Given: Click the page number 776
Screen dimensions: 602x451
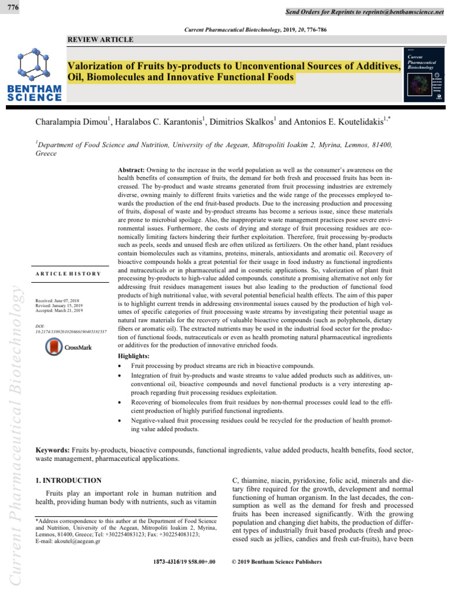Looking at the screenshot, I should click(x=11, y=6).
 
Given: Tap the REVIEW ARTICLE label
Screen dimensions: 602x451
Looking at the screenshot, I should click(x=100, y=39).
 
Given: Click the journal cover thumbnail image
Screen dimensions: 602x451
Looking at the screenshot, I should click(x=424, y=73).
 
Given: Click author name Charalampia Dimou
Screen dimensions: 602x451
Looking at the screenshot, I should click(x=76, y=123).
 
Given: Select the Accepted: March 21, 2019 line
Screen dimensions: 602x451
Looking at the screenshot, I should click(x=62, y=310).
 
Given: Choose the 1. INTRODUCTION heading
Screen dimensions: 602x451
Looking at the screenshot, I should click(x=69, y=480).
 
